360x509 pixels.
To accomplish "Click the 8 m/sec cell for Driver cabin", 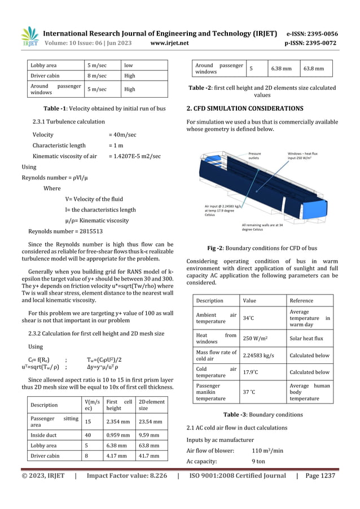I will coord(97,75).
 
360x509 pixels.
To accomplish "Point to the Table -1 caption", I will coord(101,108).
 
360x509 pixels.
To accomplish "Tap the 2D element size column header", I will coord(152,404).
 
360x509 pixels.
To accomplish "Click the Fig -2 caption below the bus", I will coord(262,248).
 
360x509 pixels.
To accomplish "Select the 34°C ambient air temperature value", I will coord(248,318).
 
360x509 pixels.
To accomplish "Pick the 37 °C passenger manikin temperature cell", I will coord(249,392).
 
